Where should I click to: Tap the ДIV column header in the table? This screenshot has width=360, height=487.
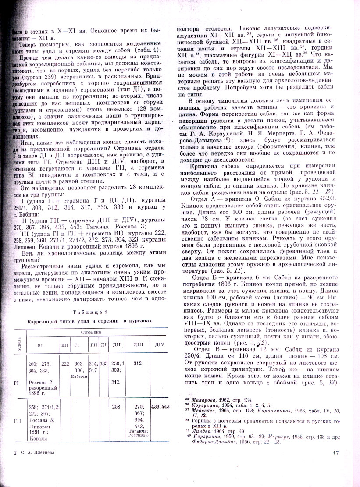tap(160, 345)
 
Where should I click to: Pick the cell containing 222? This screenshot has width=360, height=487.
tap(65, 363)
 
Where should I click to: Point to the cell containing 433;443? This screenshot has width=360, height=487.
tap(160, 406)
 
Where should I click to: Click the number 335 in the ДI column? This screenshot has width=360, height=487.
tap(103, 363)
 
